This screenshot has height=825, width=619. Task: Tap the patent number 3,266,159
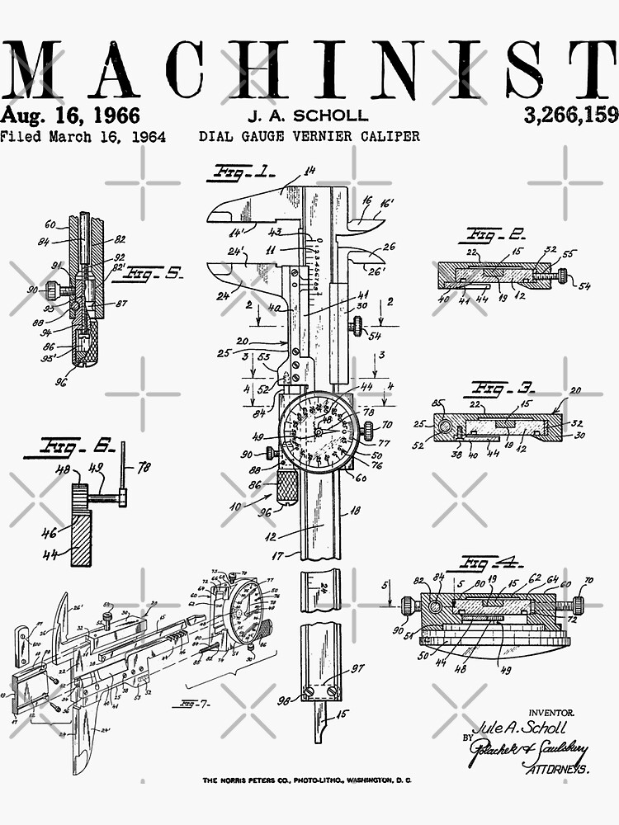click(570, 115)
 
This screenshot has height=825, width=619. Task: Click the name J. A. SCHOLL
click(308, 115)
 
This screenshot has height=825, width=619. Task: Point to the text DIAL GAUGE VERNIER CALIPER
click(309, 136)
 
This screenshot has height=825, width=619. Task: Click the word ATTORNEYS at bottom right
click(558, 769)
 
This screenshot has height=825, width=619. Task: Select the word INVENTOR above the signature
click(550, 711)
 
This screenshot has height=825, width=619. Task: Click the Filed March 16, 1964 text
click(83, 137)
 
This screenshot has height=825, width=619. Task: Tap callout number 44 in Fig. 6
click(49, 556)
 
